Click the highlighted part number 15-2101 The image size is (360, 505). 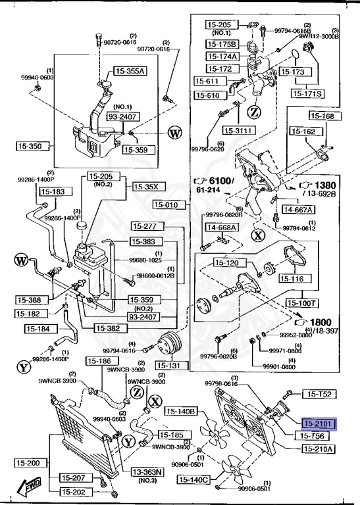319,423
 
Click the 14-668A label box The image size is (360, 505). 222,228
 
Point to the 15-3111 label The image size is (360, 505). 238,130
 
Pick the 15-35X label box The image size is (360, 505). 149,187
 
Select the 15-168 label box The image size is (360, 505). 322,116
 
